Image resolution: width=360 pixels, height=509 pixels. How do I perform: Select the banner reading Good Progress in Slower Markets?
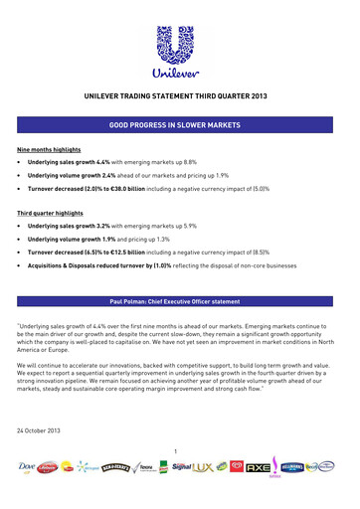[179, 128]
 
